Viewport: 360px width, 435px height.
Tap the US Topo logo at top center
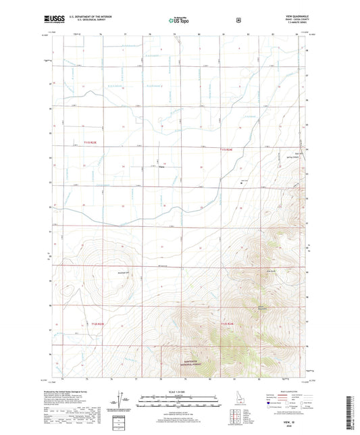click(x=179, y=20)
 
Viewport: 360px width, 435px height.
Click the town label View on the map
click(x=161, y=168)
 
